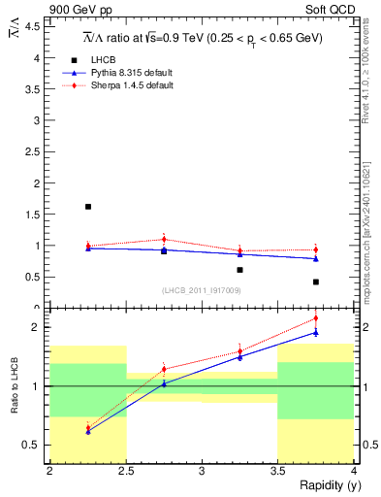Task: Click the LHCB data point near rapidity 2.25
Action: tap(88, 207)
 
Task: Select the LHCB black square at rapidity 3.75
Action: tap(316, 282)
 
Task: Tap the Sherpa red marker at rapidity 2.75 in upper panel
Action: tap(164, 239)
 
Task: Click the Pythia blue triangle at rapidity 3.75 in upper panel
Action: tap(316, 258)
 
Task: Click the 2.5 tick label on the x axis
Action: tap(126, 472)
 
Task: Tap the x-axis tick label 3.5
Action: tap(277, 472)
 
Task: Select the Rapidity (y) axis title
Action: tap(324, 485)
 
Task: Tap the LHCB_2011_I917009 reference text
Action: tap(202, 290)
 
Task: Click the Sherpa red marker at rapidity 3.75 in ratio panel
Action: tap(316, 318)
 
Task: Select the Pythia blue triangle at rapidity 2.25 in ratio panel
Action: tap(88, 431)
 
